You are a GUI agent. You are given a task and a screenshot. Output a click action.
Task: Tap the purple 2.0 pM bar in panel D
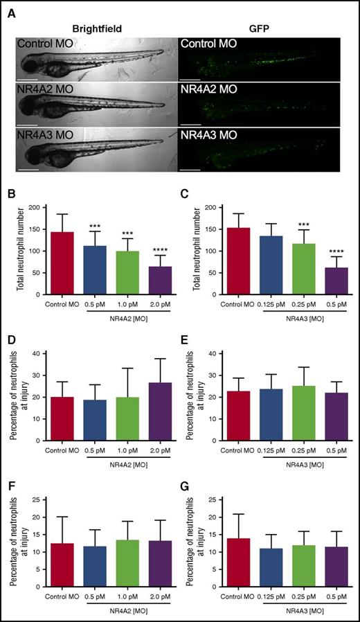pos(160,408)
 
